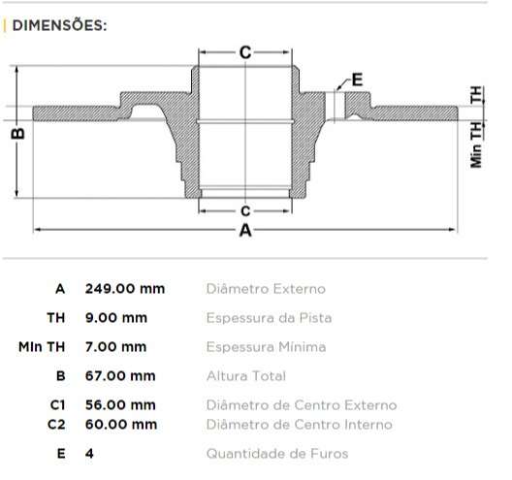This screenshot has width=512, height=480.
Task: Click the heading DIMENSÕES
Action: tap(59, 25)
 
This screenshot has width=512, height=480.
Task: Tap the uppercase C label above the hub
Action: tap(245, 52)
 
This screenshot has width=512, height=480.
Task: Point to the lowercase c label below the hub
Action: tap(245, 210)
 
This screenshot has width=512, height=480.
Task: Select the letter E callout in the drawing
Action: tap(356, 80)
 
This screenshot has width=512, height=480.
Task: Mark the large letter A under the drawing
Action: tap(245, 231)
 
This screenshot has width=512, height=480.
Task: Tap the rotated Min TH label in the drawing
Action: tap(476, 144)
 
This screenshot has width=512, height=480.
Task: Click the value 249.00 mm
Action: tap(125, 289)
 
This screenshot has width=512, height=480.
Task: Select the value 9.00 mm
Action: tap(116, 318)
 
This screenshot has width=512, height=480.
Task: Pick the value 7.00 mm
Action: tap(116, 346)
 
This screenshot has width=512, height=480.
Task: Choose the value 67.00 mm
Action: tap(120, 375)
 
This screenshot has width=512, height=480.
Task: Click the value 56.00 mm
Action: tap(120, 405)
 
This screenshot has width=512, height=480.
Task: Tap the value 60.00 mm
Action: tap(120, 424)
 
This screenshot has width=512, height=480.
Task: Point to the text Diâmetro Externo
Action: tap(266, 289)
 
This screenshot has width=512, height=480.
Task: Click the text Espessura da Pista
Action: tap(270, 318)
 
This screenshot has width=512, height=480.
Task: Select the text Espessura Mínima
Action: tap(266, 346)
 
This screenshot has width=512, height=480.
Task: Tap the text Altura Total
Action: tap(246, 375)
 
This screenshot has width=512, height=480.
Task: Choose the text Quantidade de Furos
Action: tap(276, 453)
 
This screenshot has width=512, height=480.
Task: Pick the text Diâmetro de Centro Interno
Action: tap(299, 424)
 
